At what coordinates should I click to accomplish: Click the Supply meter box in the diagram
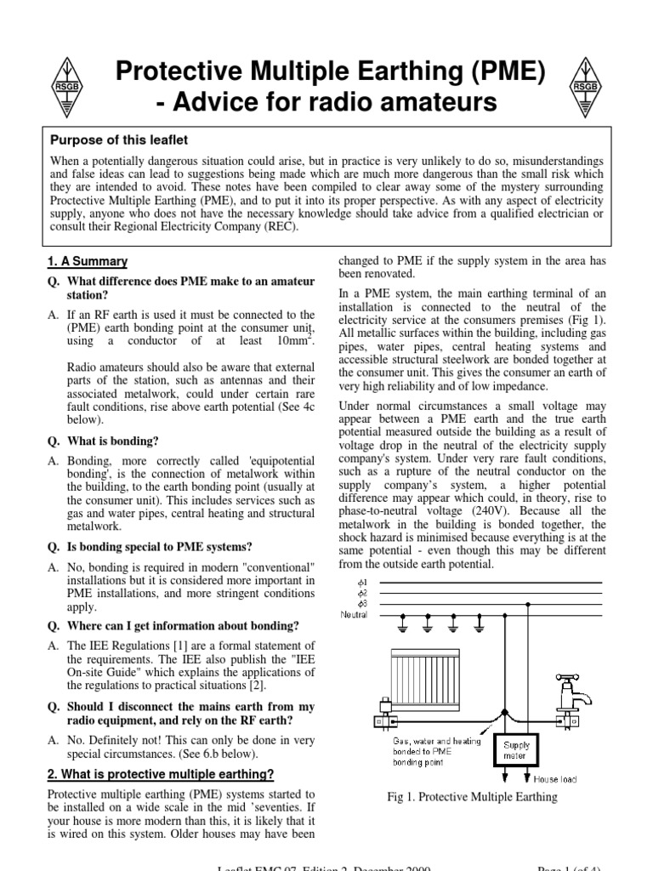tap(515, 749)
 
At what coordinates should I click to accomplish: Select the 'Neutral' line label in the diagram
tap(355, 613)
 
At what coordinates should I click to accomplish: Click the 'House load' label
tap(556, 778)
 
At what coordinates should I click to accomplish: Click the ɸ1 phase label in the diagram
tap(366, 583)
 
